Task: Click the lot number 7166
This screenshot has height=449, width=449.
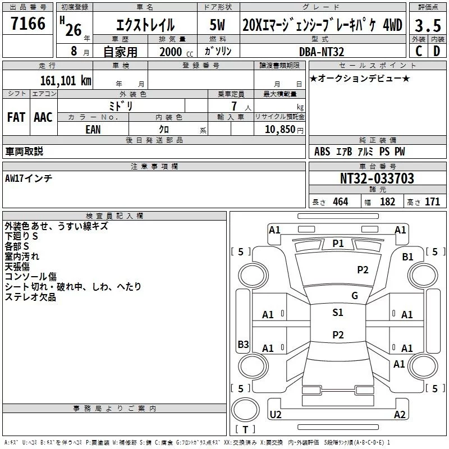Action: pyautogui.click(x=28, y=24)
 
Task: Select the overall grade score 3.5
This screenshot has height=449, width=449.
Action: pyautogui.click(x=428, y=25)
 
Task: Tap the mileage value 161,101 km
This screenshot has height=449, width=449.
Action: pyautogui.click(x=66, y=81)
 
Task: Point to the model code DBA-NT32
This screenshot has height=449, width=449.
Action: pyautogui.click(x=322, y=52)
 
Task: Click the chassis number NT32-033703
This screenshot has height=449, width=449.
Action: pyautogui.click(x=377, y=178)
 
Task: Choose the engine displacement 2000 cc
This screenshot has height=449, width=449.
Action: pyautogui.click(x=176, y=52)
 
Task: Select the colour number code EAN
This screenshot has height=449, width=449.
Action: pyautogui.click(x=93, y=130)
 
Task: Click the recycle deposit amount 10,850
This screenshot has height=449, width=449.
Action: pyautogui.click(x=280, y=130)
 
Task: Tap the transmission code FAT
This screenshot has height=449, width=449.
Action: pyautogui.click(x=16, y=117)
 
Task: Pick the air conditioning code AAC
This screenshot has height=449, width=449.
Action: pyautogui.click(x=43, y=117)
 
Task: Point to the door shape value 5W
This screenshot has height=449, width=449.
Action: pyautogui.click(x=217, y=25)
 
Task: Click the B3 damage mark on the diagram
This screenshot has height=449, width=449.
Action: pyautogui.click(x=244, y=344)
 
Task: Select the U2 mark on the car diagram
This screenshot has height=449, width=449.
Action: pyautogui.click(x=276, y=414)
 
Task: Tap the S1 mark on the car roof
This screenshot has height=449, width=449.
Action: pyautogui.click(x=338, y=313)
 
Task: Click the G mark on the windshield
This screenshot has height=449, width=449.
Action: pyautogui.click(x=355, y=296)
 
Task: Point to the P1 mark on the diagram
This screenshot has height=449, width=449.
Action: pyautogui.click(x=338, y=244)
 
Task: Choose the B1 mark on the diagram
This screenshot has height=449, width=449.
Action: pyautogui.click(x=407, y=257)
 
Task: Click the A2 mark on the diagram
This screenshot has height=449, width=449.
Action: pyautogui.click(x=400, y=414)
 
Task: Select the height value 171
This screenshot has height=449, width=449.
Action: pyautogui.click(x=432, y=201)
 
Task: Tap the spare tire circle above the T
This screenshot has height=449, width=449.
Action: pyautogui.click(x=245, y=410)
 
